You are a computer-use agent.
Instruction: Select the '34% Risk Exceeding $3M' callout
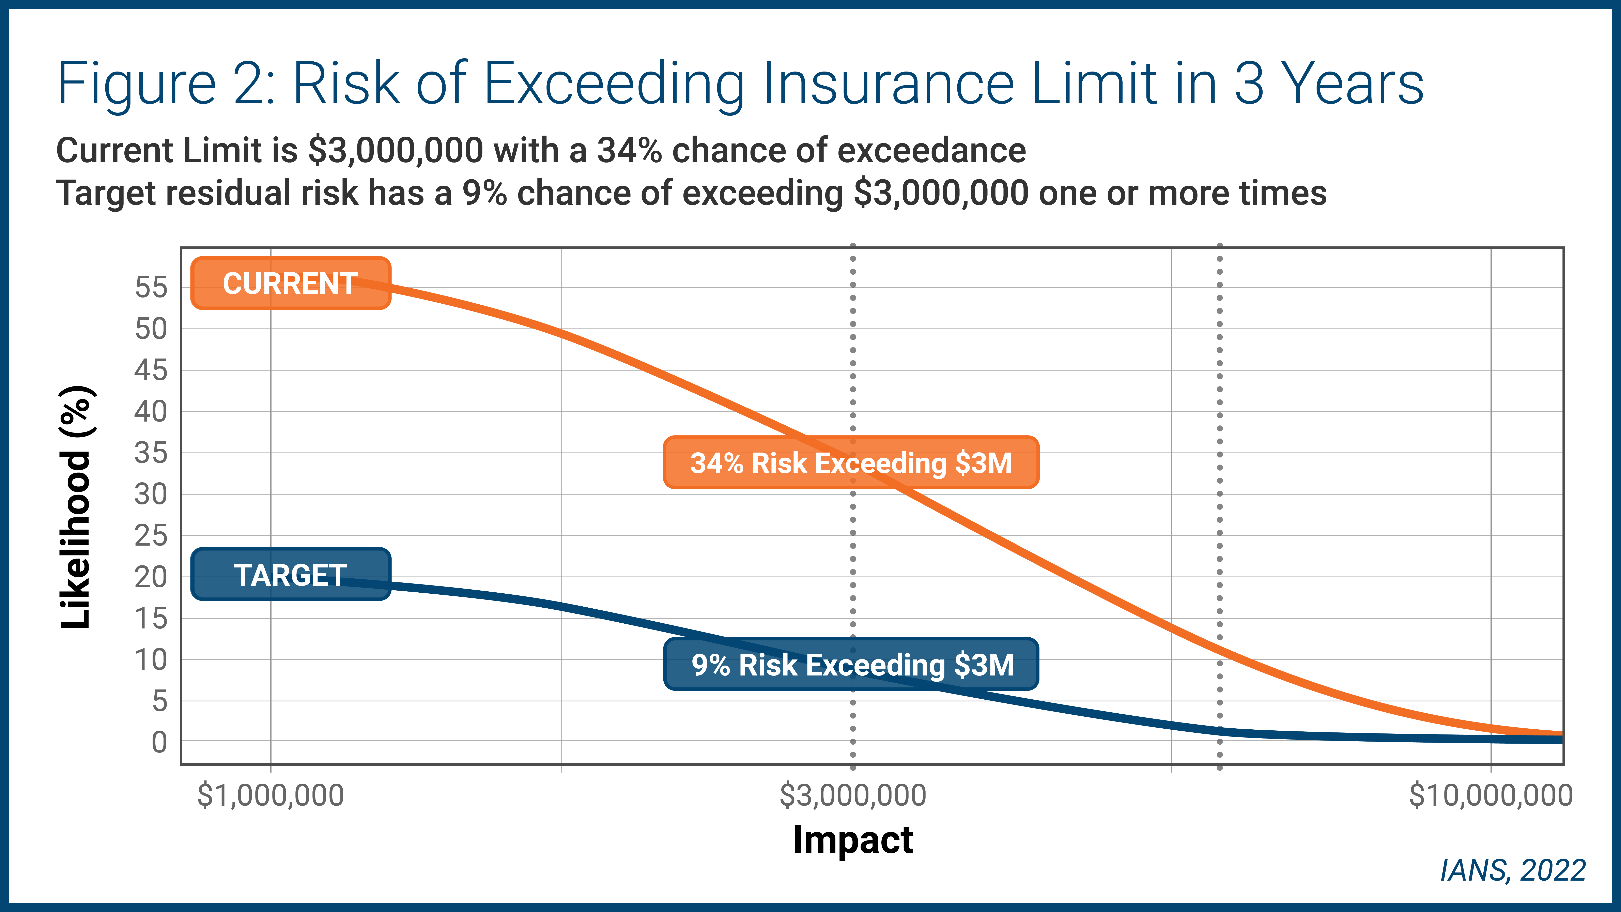point(851,463)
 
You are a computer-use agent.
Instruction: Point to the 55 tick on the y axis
point(151,288)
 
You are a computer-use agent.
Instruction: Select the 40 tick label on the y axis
point(151,412)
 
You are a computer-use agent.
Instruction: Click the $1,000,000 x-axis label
point(271,795)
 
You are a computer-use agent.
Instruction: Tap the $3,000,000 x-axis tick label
point(853,795)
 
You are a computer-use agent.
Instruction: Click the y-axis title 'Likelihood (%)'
point(77,507)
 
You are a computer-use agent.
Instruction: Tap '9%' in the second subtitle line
point(484,193)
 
